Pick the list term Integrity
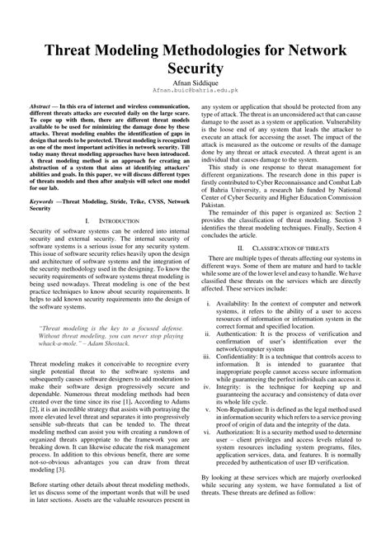tap(239, 385)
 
